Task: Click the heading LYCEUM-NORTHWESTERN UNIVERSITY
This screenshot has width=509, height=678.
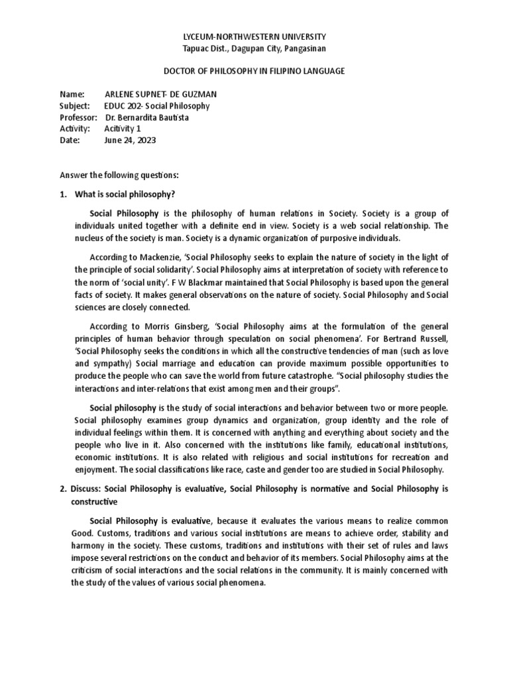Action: point(254,36)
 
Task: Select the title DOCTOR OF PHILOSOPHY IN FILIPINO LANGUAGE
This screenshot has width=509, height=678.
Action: point(254,71)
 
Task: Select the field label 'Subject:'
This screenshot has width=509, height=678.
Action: point(74,106)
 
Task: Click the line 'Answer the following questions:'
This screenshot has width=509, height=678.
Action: point(119,175)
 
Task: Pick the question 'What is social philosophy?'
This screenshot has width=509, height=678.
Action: point(126,194)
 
